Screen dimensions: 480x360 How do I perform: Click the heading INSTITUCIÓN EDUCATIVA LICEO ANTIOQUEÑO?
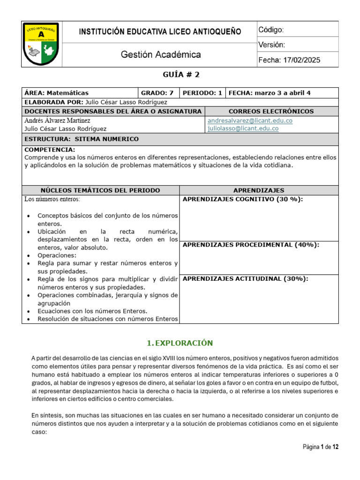(160, 32)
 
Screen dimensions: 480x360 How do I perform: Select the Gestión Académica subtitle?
(161, 55)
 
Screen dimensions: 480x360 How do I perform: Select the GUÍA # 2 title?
(180, 75)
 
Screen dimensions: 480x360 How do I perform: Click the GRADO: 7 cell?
(157, 93)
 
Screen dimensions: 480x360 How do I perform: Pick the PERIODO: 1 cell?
(202, 93)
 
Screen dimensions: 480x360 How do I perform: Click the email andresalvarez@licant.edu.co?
(249, 120)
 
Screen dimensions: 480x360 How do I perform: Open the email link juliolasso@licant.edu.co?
(242, 128)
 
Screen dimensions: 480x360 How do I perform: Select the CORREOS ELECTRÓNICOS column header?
(271, 111)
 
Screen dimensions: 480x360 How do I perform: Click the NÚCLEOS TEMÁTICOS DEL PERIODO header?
(100, 190)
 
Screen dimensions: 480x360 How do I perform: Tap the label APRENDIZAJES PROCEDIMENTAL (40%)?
(251, 245)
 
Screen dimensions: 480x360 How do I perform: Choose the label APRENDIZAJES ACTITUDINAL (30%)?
(245, 278)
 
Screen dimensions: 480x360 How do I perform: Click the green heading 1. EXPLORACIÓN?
(180, 343)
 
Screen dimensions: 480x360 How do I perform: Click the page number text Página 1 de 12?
(320, 447)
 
